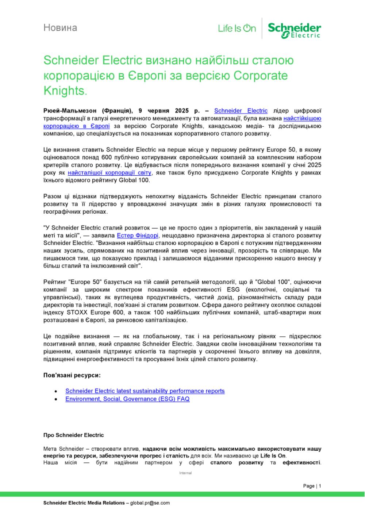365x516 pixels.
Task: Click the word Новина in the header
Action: coord(60,28)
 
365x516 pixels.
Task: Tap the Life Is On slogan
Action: coord(237,28)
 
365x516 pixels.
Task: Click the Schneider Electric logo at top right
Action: coord(294,30)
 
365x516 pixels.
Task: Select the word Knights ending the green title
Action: coord(64,91)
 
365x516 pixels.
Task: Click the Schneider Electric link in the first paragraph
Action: coord(241,111)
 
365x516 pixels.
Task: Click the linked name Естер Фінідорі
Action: coord(137,235)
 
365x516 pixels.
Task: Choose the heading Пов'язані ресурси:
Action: coord(72,375)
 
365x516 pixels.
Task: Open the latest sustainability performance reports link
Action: coord(145,391)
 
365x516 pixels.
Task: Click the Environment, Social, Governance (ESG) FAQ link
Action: coord(127,399)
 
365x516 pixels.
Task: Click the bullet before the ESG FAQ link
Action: coord(55,399)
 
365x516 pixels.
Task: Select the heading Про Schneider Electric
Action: coord(73,435)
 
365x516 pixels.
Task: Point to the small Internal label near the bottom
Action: coord(185,473)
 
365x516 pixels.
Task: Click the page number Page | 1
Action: coord(312,486)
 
